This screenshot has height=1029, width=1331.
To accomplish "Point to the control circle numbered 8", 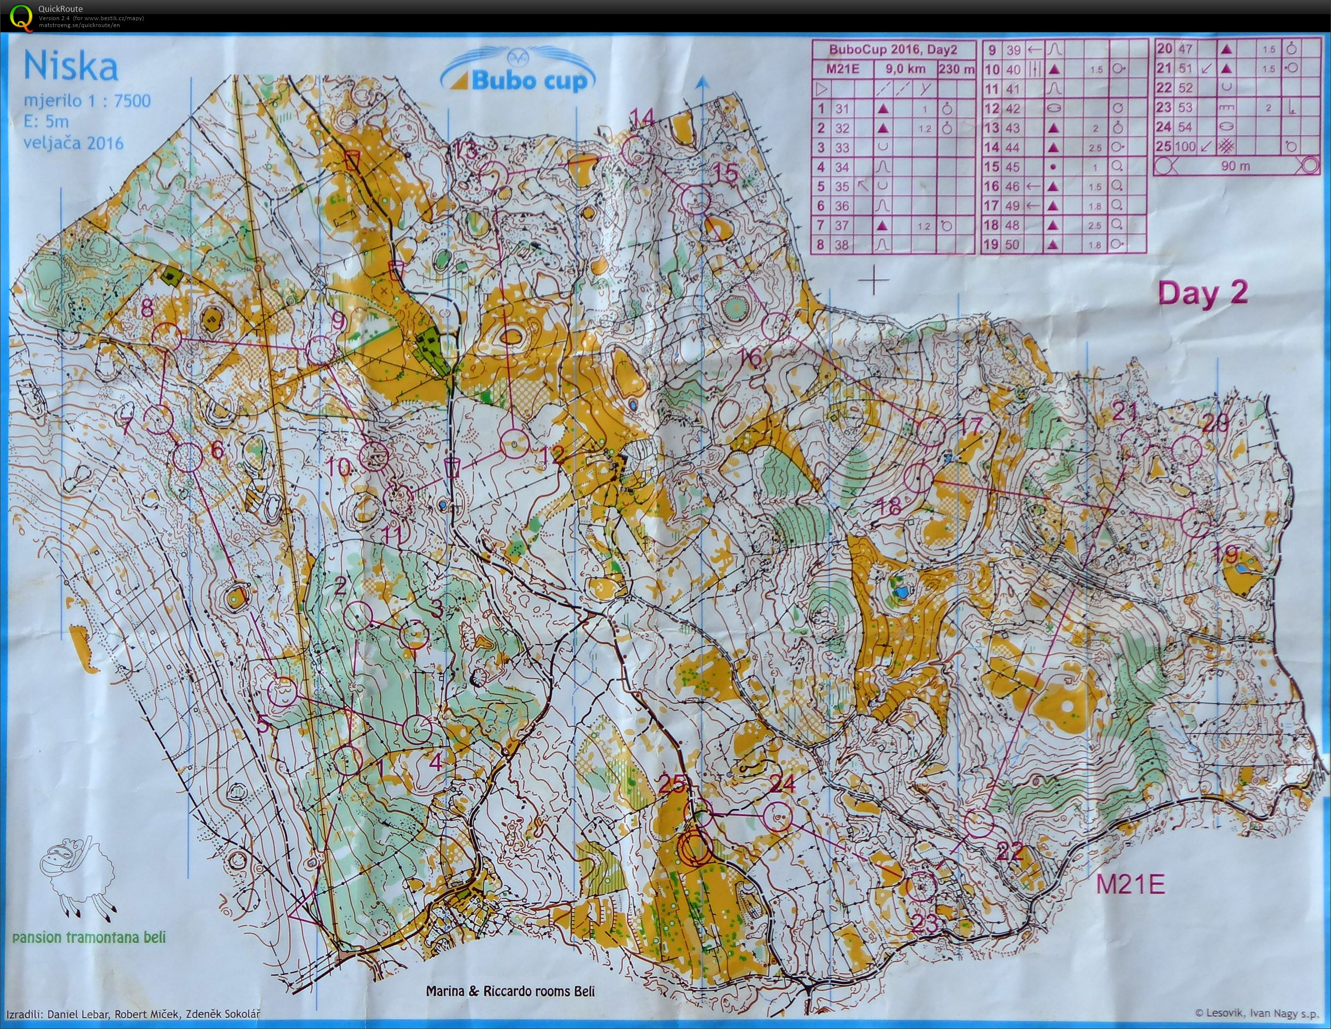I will (166, 337).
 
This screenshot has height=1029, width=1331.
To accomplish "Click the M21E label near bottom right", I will (1130, 884).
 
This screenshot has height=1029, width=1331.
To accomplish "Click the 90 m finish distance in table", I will (1235, 166).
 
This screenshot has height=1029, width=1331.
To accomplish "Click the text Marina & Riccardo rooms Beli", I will (510, 991).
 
